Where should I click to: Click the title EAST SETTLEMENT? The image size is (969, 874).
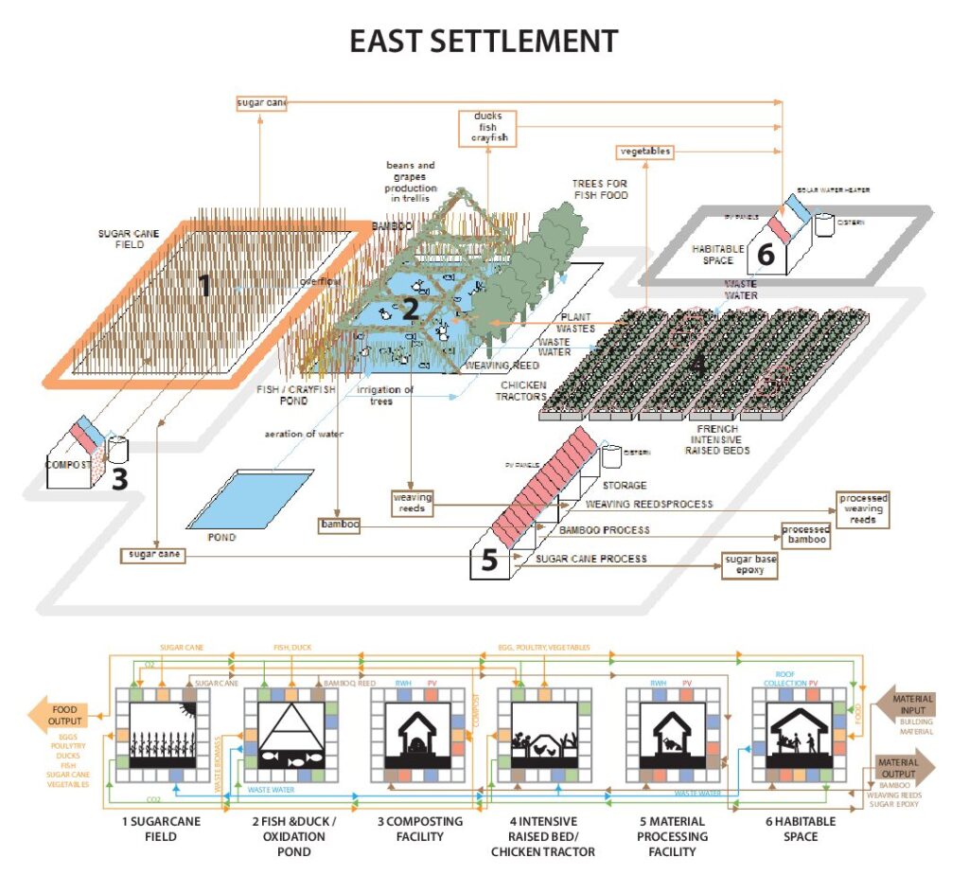coord(484,42)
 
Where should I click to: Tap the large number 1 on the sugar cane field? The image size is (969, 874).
coord(203,284)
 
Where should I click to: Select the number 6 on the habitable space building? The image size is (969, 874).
coord(766,255)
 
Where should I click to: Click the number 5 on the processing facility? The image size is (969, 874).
coord(489,561)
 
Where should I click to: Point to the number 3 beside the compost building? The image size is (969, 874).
coord(119,478)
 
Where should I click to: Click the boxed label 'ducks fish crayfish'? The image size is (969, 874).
coord(489,127)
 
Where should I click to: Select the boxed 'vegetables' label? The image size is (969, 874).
coord(646,152)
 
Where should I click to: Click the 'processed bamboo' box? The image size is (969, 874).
coord(804,534)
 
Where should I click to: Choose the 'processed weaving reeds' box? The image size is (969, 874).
coord(863,508)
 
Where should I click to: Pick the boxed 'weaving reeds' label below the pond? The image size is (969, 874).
coord(413,502)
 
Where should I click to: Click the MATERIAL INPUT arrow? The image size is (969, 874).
coord(907,705)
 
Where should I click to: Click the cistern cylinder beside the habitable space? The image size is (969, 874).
coord(825,223)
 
